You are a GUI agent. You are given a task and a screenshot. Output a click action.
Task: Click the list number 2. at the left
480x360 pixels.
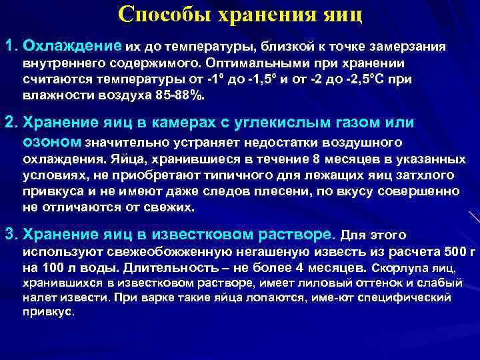click(11, 123)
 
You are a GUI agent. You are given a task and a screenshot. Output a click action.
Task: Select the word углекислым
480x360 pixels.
click(287, 123)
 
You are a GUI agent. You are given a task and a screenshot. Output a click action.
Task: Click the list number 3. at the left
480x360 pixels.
click(11, 234)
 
